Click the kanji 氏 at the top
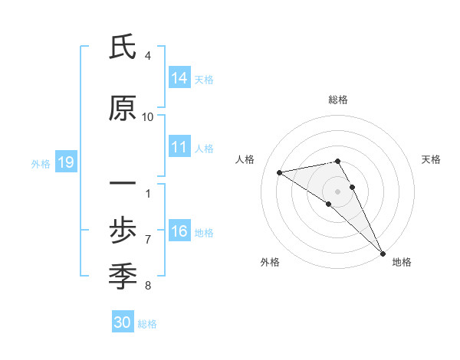(x=123, y=47)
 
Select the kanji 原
(x=123, y=110)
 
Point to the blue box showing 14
(x=179, y=78)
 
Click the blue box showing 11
(x=179, y=148)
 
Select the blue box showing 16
(x=179, y=232)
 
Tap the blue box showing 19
(x=65, y=162)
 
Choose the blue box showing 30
(x=123, y=322)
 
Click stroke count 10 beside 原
(x=148, y=117)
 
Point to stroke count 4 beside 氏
(x=148, y=56)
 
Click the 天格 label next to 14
(x=204, y=79)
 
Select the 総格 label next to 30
(x=147, y=324)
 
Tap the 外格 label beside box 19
(x=41, y=163)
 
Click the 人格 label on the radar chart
(x=245, y=159)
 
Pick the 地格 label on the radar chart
(x=402, y=262)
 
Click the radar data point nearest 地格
(x=383, y=253)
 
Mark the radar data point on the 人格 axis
(x=280, y=172)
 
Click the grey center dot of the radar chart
(x=337, y=191)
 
